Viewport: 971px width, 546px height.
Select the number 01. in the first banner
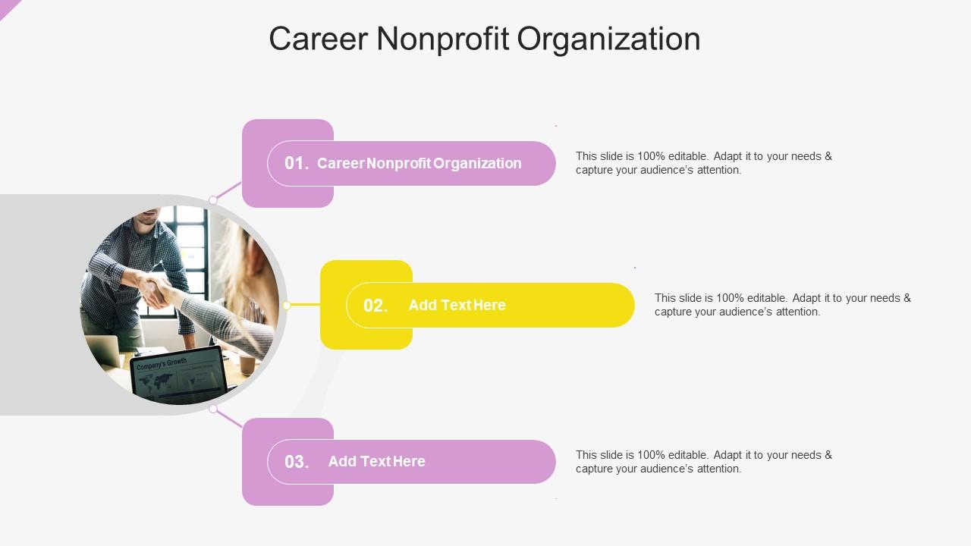coord(297,163)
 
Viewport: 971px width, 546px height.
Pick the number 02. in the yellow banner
coord(376,306)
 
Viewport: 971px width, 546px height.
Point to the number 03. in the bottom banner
coord(297,462)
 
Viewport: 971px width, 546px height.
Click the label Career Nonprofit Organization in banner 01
coord(419,163)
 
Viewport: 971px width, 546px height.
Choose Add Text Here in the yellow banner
coord(457,305)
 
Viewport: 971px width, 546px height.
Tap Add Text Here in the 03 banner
coord(376,461)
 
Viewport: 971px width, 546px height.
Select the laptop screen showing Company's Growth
coord(179,375)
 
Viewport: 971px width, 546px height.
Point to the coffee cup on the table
coord(247,365)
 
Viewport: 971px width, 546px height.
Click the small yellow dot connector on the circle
coord(287,306)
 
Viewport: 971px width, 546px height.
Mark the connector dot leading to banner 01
coord(213,200)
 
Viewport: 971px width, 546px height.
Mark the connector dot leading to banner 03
coord(213,409)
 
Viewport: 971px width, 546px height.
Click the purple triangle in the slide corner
coord(8,7)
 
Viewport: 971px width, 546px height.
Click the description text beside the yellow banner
coord(782,305)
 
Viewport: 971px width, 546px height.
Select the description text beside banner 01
coord(703,163)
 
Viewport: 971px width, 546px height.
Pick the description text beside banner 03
coord(703,462)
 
